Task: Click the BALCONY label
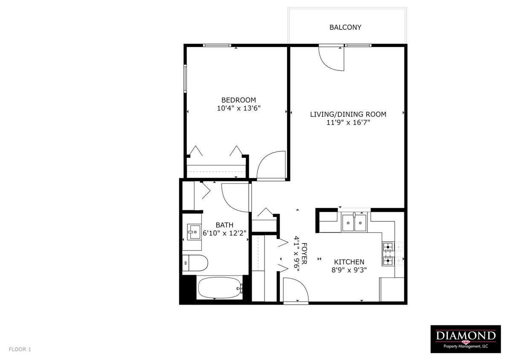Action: pos(345,27)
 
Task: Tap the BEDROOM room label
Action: pos(239,100)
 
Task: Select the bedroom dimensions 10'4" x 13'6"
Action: pos(239,108)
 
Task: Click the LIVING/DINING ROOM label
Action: pos(348,114)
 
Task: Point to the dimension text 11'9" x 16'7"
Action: pos(348,123)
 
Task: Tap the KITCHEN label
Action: pos(349,262)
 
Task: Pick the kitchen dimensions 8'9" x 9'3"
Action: pos(349,270)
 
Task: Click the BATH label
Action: pos(224,225)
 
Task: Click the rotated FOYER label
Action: pos(305,254)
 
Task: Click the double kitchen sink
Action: pos(354,222)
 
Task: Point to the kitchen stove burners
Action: pos(388,254)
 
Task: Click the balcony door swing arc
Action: pos(332,58)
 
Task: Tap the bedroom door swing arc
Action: pos(270,165)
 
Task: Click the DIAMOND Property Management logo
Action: pos(465,339)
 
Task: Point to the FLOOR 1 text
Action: pos(20,349)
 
